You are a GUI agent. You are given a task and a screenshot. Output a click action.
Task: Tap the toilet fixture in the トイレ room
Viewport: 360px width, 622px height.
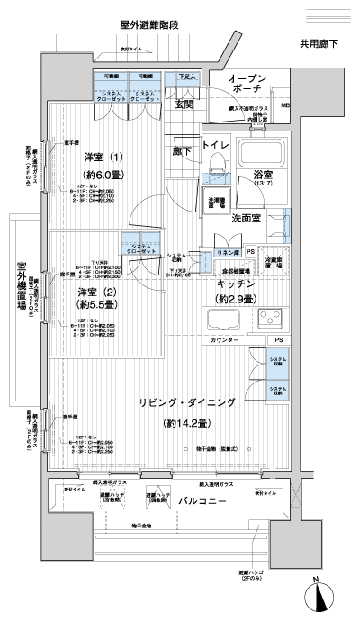click(216, 163)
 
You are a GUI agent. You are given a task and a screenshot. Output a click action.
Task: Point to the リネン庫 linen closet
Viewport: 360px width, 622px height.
click(229, 254)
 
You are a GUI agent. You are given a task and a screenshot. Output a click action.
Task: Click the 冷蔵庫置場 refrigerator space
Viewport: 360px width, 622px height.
click(275, 262)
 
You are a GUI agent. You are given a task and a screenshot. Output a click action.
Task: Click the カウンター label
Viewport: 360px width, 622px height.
click(224, 340)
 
